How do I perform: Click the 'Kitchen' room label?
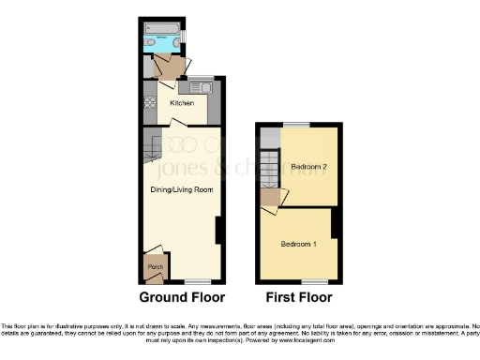point(181,102)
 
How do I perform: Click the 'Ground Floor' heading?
point(182,298)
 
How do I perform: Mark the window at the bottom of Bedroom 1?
point(314,280)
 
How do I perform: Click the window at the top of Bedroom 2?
point(298,125)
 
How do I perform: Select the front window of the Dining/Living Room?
point(195,280)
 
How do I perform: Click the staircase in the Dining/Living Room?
point(151,145)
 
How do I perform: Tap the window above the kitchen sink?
point(201,78)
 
